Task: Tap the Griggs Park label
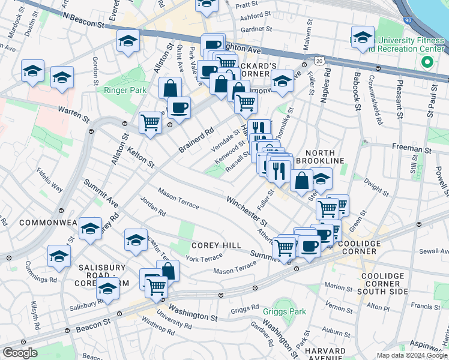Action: tap(285, 311)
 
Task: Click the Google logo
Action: tap(20, 353)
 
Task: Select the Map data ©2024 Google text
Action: tap(412, 355)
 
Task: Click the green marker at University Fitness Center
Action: tap(427, 62)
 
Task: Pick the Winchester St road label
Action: tap(246, 211)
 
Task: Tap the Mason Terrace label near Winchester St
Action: tap(178, 199)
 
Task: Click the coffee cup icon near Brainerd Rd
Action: tap(178, 108)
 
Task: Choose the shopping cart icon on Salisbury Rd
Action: tap(155, 286)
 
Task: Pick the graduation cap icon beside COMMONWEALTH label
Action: tap(89, 229)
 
